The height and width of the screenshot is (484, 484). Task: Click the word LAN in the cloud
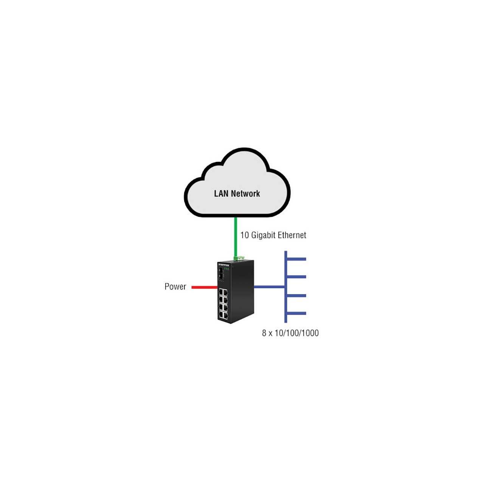click(x=222, y=194)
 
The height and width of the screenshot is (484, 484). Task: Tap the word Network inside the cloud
click(x=245, y=194)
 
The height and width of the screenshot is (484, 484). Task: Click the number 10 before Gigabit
click(x=244, y=235)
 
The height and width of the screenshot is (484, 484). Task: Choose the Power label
click(x=175, y=287)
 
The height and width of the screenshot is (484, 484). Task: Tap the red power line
click(x=205, y=287)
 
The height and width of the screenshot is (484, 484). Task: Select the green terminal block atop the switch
click(x=239, y=258)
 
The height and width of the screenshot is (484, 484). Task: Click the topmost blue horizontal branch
click(x=296, y=259)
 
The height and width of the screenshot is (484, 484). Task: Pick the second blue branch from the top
click(x=296, y=277)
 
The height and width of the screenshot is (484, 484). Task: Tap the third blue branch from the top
click(x=296, y=296)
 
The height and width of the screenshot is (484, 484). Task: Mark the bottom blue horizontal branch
click(x=296, y=313)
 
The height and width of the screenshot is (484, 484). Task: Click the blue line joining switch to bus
click(x=269, y=287)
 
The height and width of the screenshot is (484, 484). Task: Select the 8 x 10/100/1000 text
click(x=290, y=333)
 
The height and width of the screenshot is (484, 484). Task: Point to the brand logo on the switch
click(x=224, y=265)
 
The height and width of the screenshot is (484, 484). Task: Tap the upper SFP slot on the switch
click(x=221, y=271)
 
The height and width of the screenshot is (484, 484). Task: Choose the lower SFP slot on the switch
click(x=221, y=277)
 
